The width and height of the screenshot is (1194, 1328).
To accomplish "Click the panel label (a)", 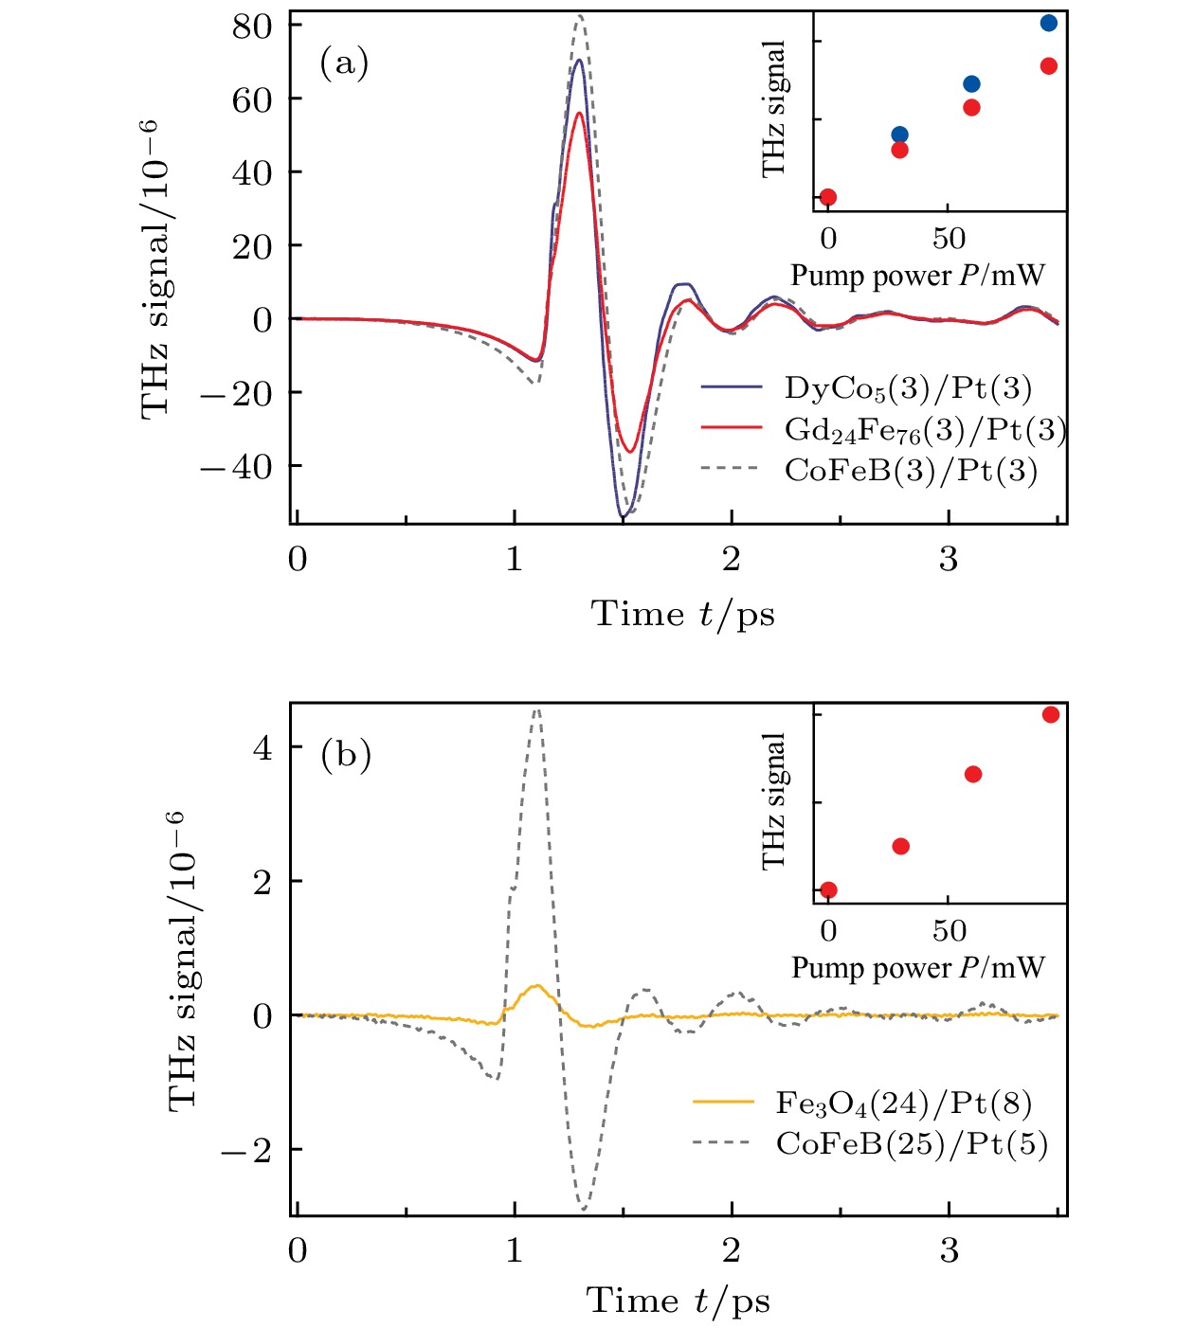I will point(344,63).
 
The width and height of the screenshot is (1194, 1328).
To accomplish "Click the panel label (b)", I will point(345,755).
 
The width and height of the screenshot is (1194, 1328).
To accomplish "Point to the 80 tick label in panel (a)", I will point(252,26).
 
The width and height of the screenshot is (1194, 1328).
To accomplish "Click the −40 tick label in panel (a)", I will point(235,466).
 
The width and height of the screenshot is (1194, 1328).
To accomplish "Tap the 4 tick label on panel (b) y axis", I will point(262,748).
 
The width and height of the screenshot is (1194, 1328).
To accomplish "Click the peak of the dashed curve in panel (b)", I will point(537,709).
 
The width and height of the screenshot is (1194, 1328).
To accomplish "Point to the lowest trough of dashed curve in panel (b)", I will point(584,1210).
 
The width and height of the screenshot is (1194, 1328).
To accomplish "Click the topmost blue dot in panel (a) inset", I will point(1049,23).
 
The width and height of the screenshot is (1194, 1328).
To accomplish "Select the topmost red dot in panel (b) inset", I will point(1051,714).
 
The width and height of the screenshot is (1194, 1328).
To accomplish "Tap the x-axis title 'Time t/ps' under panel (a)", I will point(683,614).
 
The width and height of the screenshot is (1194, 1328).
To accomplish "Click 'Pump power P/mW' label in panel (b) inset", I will point(917,967).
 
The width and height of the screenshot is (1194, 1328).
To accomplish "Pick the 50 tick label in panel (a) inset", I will point(949,239).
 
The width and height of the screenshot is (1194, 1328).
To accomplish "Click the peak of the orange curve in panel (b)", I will point(537,986).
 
